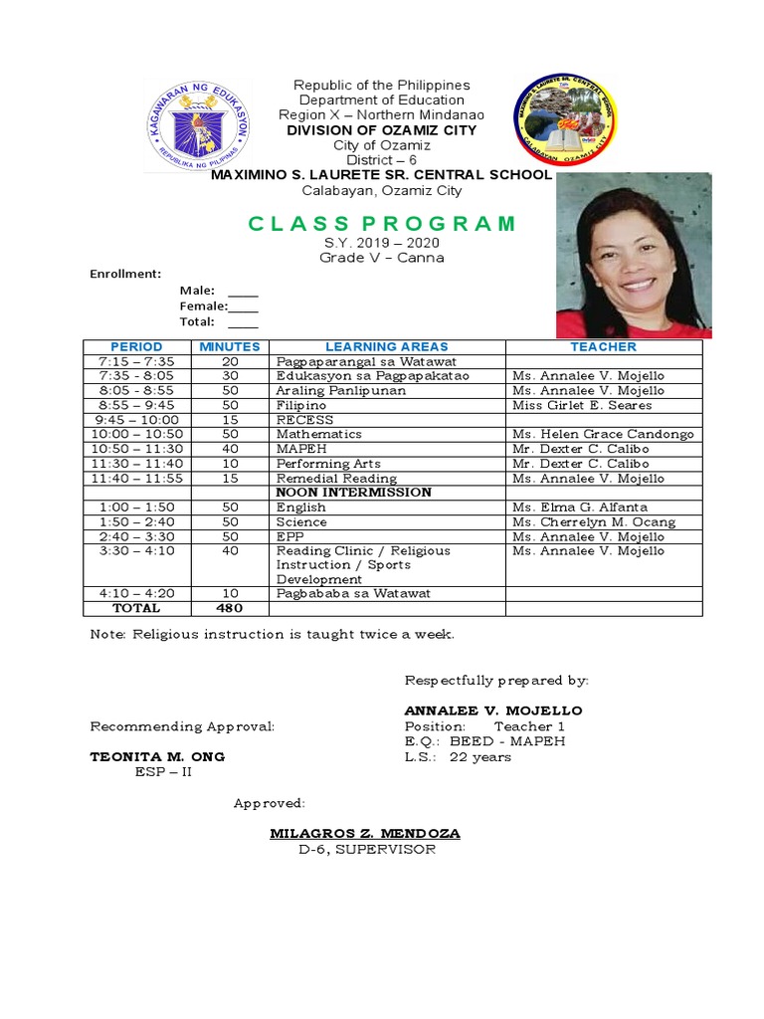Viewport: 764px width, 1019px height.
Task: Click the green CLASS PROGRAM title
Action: click(x=382, y=223)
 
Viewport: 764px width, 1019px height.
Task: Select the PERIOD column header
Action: click(x=136, y=346)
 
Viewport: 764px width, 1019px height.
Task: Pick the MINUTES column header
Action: click(x=230, y=346)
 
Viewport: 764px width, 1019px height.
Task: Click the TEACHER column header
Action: click(x=603, y=346)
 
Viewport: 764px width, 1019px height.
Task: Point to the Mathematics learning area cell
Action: click(x=312, y=435)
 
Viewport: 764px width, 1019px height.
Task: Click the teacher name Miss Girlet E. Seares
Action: click(x=582, y=406)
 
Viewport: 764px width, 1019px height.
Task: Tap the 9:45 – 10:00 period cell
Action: click(x=136, y=420)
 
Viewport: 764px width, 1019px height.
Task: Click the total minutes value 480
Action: click(x=230, y=608)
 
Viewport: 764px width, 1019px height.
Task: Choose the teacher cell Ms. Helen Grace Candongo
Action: click(x=603, y=435)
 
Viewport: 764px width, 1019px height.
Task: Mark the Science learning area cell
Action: click(x=301, y=521)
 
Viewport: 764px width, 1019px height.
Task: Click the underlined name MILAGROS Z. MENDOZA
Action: click(x=365, y=833)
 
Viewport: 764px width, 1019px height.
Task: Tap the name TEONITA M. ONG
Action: click(x=157, y=756)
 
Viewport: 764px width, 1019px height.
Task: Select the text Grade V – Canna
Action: click(x=381, y=258)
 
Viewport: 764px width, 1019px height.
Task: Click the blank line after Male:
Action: click(x=243, y=292)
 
